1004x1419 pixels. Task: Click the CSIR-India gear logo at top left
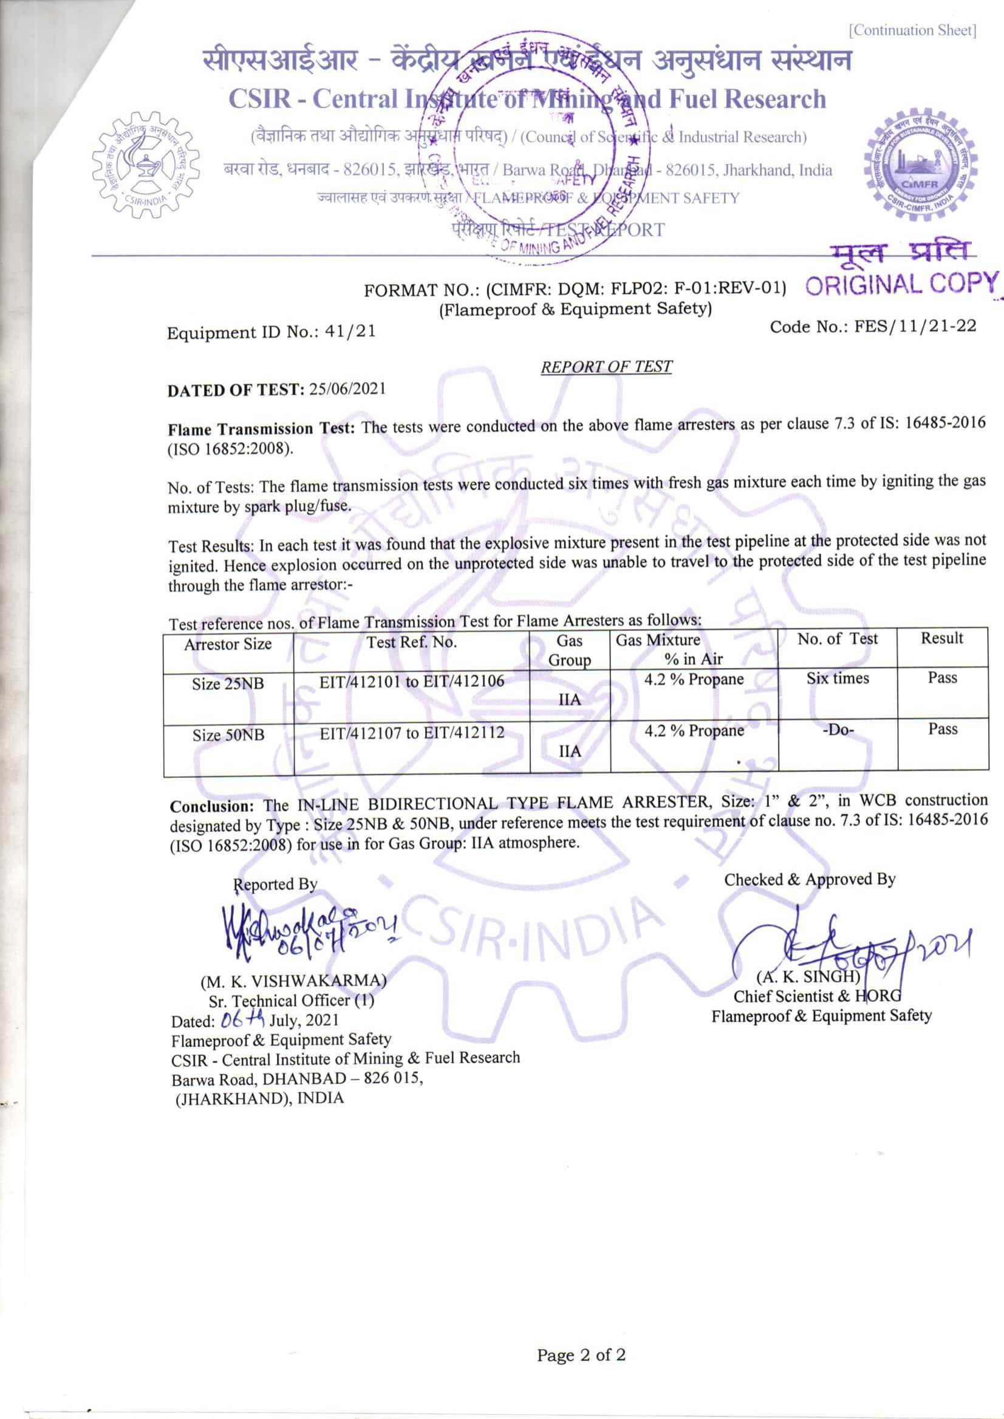(146, 165)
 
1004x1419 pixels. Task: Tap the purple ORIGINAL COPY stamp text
(901, 284)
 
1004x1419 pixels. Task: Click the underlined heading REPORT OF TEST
(606, 367)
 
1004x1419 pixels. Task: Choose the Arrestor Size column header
(228, 644)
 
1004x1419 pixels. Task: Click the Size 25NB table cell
(228, 684)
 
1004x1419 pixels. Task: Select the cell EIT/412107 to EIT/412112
(412, 733)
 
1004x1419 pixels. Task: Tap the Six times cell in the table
(837, 678)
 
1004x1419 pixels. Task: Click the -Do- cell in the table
(838, 729)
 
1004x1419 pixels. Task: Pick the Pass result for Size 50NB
(942, 729)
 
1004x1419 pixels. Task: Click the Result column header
(941, 638)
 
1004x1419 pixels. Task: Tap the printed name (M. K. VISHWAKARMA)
(293, 981)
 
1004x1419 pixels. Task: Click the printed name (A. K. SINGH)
(808, 976)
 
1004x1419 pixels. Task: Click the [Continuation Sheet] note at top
(912, 30)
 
